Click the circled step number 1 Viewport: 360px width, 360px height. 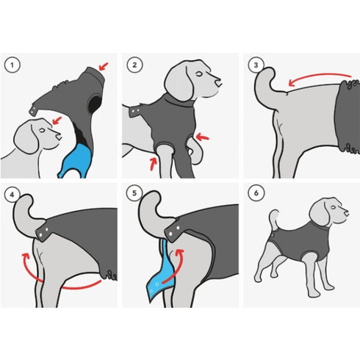(x=12, y=65)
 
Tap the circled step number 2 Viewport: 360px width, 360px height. (x=134, y=65)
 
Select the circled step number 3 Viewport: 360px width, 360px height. (x=256, y=65)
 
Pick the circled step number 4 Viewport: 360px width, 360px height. (x=12, y=195)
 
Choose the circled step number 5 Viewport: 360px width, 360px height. (x=134, y=193)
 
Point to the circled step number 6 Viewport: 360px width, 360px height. (x=256, y=193)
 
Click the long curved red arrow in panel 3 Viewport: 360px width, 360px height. (x=318, y=76)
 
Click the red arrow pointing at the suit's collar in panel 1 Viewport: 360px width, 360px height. (x=104, y=66)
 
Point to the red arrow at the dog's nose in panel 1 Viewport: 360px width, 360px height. (x=57, y=120)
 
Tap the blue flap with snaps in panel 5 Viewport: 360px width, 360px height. (x=160, y=274)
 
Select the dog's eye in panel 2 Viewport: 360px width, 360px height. (x=199, y=73)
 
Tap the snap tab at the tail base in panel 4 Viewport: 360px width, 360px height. (x=43, y=232)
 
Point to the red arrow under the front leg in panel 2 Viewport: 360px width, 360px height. (x=154, y=164)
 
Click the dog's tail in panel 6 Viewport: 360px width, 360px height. (x=274, y=219)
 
